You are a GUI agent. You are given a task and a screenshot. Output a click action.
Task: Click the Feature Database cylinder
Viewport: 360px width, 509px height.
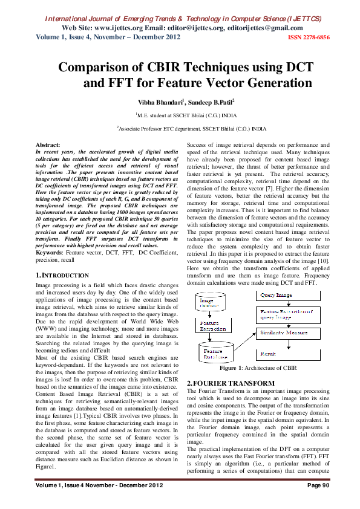[214, 352]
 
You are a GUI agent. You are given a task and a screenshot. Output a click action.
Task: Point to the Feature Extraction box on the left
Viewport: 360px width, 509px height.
[213, 326]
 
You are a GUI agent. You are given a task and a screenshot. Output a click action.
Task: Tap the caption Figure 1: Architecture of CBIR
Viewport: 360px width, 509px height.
[258, 368]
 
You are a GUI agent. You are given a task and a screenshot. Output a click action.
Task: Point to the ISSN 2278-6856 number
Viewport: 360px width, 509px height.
[309, 37]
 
